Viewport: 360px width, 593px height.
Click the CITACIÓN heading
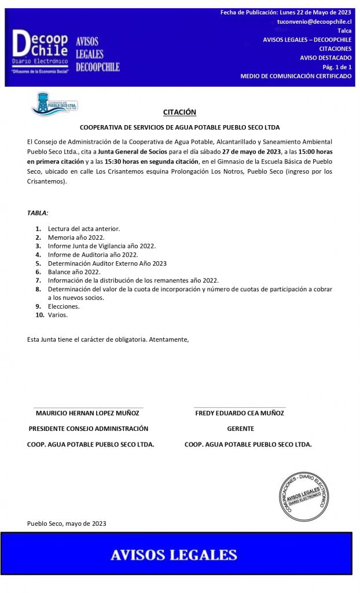[179, 112]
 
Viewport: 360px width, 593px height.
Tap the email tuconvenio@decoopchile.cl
[314, 21]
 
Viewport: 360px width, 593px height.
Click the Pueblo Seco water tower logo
[54, 104]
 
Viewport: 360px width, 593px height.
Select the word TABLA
[37, 213]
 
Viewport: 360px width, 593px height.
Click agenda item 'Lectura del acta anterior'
[84, 229]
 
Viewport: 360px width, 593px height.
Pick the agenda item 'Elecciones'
[63, 306]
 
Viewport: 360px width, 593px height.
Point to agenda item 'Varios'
[57, 314]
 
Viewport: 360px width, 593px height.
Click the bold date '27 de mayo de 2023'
[254, 150]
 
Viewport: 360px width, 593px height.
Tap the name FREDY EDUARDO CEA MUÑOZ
[240, 413]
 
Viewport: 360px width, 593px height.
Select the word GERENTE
[240, 429]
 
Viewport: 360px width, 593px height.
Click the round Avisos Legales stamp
[304, 496]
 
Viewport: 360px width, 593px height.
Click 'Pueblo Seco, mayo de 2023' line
[67, 524]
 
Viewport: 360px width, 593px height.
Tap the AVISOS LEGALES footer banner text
[174, 555]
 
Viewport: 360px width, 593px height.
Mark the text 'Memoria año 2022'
[76, 237]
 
